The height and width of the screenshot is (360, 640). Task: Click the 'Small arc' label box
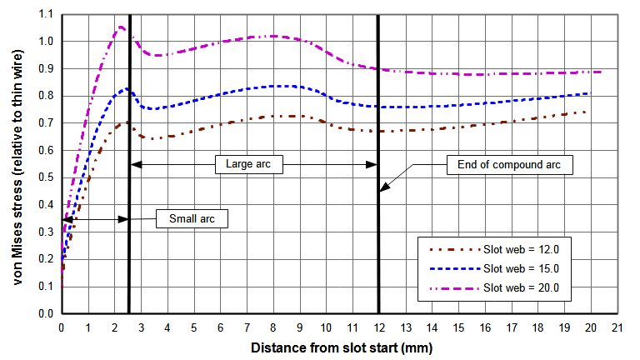point(192,220)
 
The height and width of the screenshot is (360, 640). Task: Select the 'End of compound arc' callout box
point(509,164)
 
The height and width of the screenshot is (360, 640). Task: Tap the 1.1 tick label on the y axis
point(46,15)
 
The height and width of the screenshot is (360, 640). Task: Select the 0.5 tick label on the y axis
point(46,178)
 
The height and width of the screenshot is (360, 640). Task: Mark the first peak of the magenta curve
point(121,27)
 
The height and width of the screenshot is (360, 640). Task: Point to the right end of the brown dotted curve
point(587,112)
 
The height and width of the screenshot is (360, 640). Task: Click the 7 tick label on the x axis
point(247,327)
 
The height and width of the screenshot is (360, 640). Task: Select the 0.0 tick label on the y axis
point(46,314)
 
